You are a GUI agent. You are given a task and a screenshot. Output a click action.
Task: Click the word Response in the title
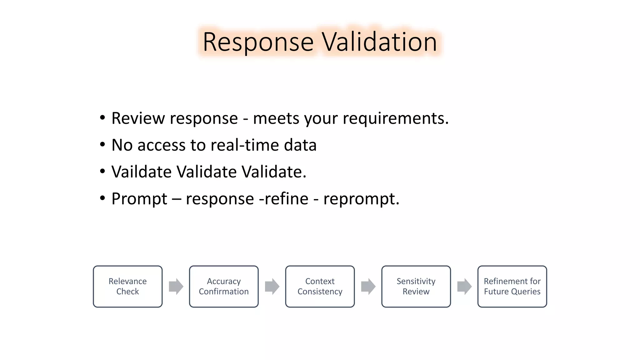coord(258,42)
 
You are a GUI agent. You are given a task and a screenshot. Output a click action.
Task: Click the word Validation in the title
coord(379,42)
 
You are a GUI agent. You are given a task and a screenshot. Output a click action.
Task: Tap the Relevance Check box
coord(127,286)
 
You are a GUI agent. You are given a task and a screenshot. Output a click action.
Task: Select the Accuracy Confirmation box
coord(224,286)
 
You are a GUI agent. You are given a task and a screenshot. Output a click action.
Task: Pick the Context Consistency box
coord(320,286)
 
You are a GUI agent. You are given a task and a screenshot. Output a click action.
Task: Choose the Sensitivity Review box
coord(416,286)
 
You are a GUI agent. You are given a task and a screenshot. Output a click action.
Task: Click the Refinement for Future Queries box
coord(512,286)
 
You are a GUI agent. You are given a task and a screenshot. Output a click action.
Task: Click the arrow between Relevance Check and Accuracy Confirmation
coord(176,286)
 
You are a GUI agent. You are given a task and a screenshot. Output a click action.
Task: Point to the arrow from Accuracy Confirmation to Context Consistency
coord(272,286)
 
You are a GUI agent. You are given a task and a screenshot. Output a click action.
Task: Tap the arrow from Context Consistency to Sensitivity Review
coord(368,286)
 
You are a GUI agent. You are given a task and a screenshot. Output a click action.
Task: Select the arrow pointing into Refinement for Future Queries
coord(464,286)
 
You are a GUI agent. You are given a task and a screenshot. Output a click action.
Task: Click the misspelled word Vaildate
coord(141,172)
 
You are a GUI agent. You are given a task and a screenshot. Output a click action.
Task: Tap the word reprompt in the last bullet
coord(361,199)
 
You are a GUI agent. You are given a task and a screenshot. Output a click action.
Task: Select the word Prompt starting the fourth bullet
coord(139,199)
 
